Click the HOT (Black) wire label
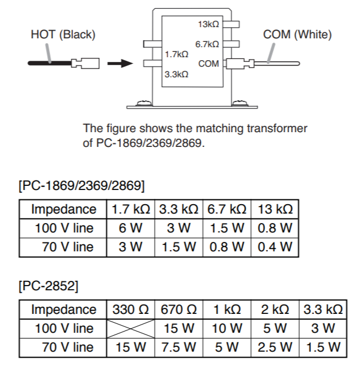coord(63,35)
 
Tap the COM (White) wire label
coord(297,35)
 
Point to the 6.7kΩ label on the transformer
coord(207,45)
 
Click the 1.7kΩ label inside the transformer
coord(176,54)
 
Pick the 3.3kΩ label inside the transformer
coord(176,75)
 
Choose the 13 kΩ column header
coord(275,209)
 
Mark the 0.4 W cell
coord(275,247)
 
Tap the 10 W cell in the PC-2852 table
coord(227,328)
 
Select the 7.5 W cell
coord(178,347)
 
